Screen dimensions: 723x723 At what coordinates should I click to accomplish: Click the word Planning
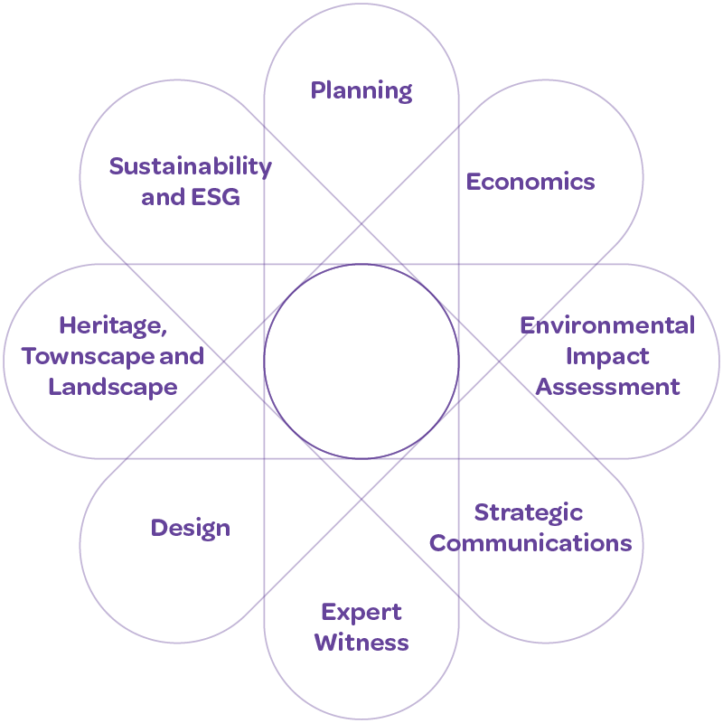(361, 91)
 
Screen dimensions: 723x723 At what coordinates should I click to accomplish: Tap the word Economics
(531, 182)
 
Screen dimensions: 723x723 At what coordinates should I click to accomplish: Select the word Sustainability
(190, 166)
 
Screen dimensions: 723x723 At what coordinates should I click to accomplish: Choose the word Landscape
(112, 387)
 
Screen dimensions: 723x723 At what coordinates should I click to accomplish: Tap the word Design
(191, 528)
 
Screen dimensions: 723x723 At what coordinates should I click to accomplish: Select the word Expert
(361, 613)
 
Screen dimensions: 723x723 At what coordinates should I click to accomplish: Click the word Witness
(361, 643)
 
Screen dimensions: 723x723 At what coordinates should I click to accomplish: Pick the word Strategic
(529, 512)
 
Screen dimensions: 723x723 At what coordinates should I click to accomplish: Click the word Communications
(531, 543)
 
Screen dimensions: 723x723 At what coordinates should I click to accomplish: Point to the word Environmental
(607, 325)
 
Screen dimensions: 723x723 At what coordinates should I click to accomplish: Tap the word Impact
(607, 356)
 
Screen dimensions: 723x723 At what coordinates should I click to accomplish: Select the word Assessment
(607, 387)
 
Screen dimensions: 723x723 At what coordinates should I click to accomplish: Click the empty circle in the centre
(361, 361)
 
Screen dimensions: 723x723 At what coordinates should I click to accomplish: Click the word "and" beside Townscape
(181, 356)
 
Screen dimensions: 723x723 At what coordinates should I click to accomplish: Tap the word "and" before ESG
(163, 197)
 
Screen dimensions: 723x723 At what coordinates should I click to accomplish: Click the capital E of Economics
(473, 182)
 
